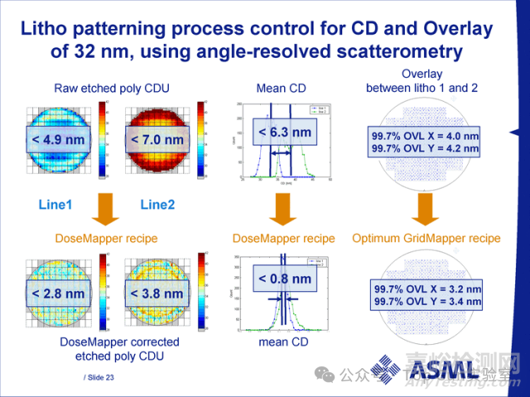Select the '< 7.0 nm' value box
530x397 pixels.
(x=157, y=140)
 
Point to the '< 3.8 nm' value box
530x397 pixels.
(x=157, y=294)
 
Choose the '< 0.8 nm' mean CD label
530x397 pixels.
(x=285, y=279)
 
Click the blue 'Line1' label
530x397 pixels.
(x=55, y=203)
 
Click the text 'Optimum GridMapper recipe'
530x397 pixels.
(x=426, y=238)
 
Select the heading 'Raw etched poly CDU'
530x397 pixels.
(x=105, y=88)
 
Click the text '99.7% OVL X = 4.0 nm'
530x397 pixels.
(x=426, y=134)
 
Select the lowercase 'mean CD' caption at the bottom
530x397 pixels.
(x=283, y=341)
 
